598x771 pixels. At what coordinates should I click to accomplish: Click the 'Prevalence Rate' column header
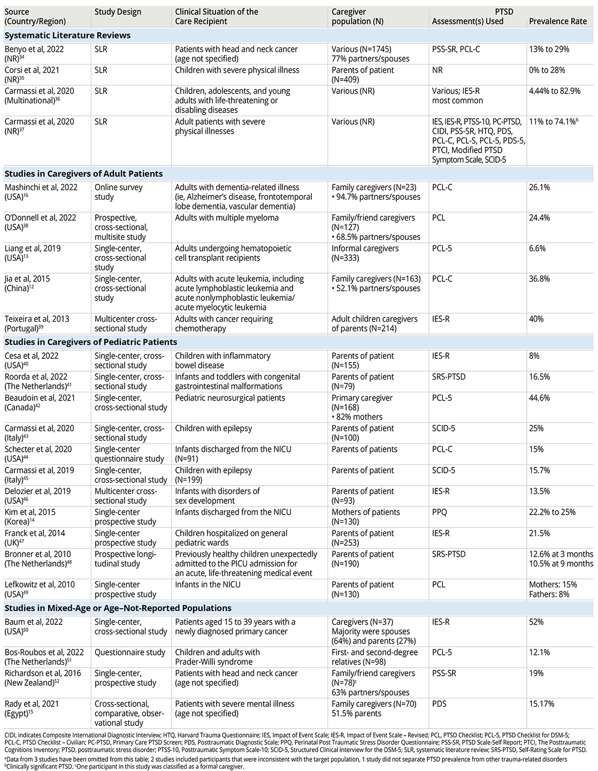[557, 21]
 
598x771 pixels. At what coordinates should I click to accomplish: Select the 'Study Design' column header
[118, 12]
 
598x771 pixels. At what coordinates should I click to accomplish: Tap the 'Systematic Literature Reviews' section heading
[67, 36]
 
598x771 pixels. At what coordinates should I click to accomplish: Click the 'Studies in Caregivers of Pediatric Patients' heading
[91, 342]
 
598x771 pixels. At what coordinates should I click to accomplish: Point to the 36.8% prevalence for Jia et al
[540, 279]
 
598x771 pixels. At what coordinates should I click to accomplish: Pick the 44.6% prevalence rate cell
[540, 398]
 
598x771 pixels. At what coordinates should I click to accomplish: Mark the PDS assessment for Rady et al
[439, 704]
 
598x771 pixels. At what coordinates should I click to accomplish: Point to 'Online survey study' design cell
[119, 192]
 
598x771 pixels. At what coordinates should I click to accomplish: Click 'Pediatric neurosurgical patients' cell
[230, 398]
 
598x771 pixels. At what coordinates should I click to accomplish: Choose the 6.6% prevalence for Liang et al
[538, 248]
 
